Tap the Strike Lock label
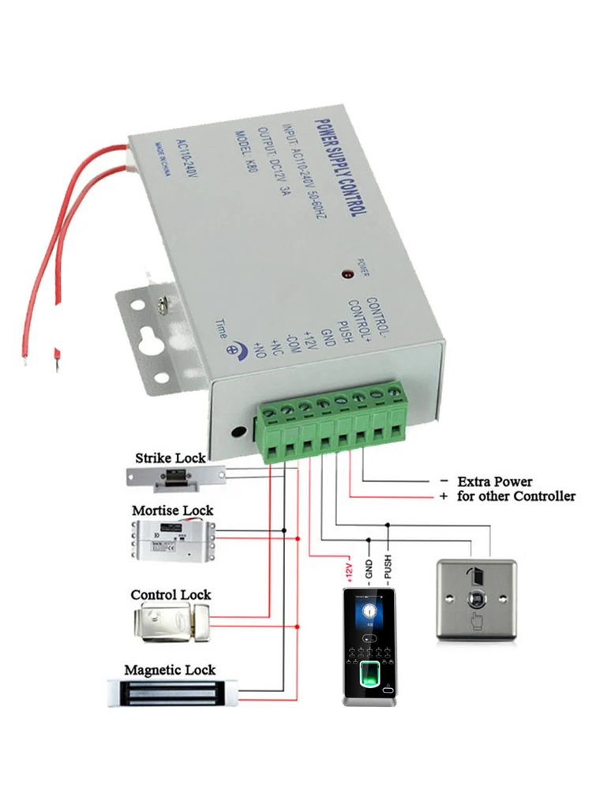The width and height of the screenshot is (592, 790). (x=170, y=457)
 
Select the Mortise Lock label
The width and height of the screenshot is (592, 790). (x=172, y=510)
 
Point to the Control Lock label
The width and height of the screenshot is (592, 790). (x=170, y=594)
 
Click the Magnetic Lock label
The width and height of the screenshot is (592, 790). (x=170, y=670)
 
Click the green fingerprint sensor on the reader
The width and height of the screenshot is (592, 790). (x=369, y=676)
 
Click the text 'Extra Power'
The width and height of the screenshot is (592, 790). (x=495, y=481)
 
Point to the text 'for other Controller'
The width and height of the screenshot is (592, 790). (x=516, y=496)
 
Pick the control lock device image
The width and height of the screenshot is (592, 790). (x=170, y=620)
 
